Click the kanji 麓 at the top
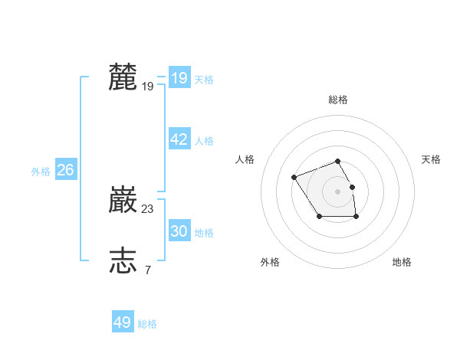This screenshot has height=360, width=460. click(x=123, y=77)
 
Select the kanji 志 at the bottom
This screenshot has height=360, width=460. click(x=123, y=260)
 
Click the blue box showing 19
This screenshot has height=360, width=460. click(x=179, y=78)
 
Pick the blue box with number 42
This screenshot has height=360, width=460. click(x=179, y=139)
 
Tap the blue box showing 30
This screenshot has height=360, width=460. click(x=179, y=231)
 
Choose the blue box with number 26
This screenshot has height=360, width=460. click(x=65, y=170)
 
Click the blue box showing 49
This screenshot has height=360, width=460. click(x=123, y=322)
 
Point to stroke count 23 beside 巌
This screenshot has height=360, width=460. click(x=148, y=208)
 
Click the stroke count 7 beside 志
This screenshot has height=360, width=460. click(x=147, y=270)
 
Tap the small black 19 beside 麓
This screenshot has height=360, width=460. click(x=148, y=87)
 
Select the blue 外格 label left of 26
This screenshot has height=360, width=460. click(x=41, y=172)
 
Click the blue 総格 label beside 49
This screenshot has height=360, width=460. click(x=147, y=324)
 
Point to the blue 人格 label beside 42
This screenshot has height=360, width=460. click(x=204, y=141)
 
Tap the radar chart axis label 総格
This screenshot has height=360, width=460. click(x=338, y=100)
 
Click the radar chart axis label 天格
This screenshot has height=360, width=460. click(x=431, y=159)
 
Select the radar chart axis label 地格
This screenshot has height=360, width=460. click(x=402, y=262)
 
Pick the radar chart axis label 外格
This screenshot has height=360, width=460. click(x=270, y=262)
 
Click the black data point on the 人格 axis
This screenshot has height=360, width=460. click(x=294, y=178)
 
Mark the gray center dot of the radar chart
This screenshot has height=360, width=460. click(x=338, y=191)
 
